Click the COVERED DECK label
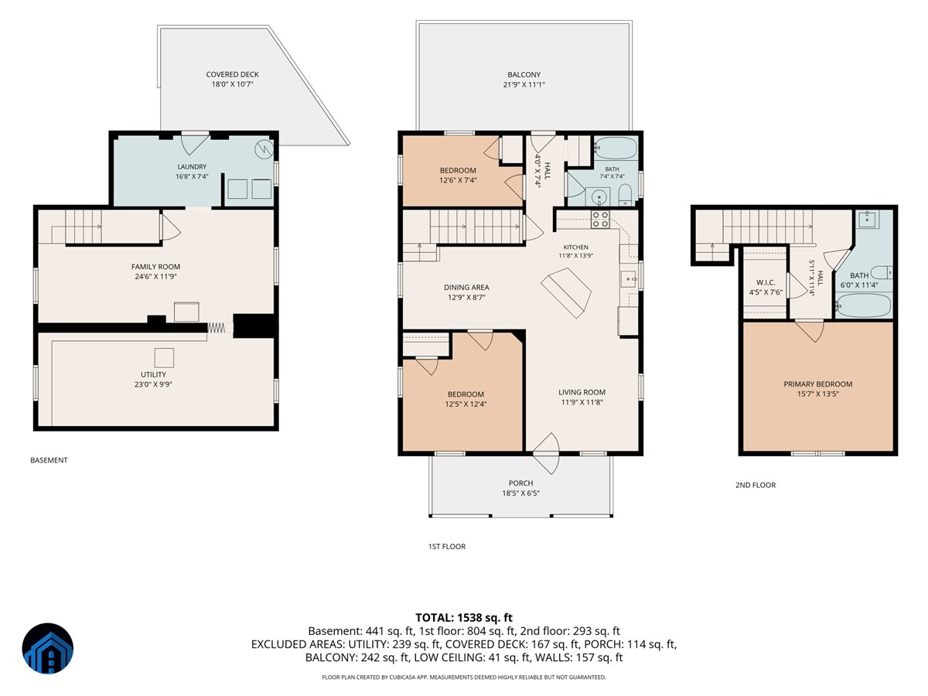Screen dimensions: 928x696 (x=232, y=74)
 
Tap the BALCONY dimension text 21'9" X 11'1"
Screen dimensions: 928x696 (x=524, y=84)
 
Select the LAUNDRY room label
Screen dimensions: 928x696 (x=192, y=167)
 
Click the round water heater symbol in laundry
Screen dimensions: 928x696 (x=264, y=149)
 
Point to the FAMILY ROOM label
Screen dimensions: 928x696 (x=155, y=267)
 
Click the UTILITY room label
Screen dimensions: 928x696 (x=153, y=374)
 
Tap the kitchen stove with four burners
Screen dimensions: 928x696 (x=600, y=220)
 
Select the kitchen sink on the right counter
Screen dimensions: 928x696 (x=628, y=279)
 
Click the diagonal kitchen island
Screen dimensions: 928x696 (x=566, y=292)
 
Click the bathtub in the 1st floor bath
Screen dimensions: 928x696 (x=616, y=148)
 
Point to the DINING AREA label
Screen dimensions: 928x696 (x=466, y=288)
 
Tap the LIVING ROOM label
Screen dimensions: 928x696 (x=582, y=392)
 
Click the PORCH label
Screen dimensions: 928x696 (x=520, y=483)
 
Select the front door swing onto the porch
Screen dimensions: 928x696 (x=546, y=454)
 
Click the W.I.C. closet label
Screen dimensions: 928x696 (x=766, y=283)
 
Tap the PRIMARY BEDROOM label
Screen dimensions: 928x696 (x=817, y=384)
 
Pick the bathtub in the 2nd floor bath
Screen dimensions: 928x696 (x=864, y=305)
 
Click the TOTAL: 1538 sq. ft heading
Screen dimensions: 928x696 (x=464, y=618)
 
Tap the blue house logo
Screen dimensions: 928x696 (x=48, y=648)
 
